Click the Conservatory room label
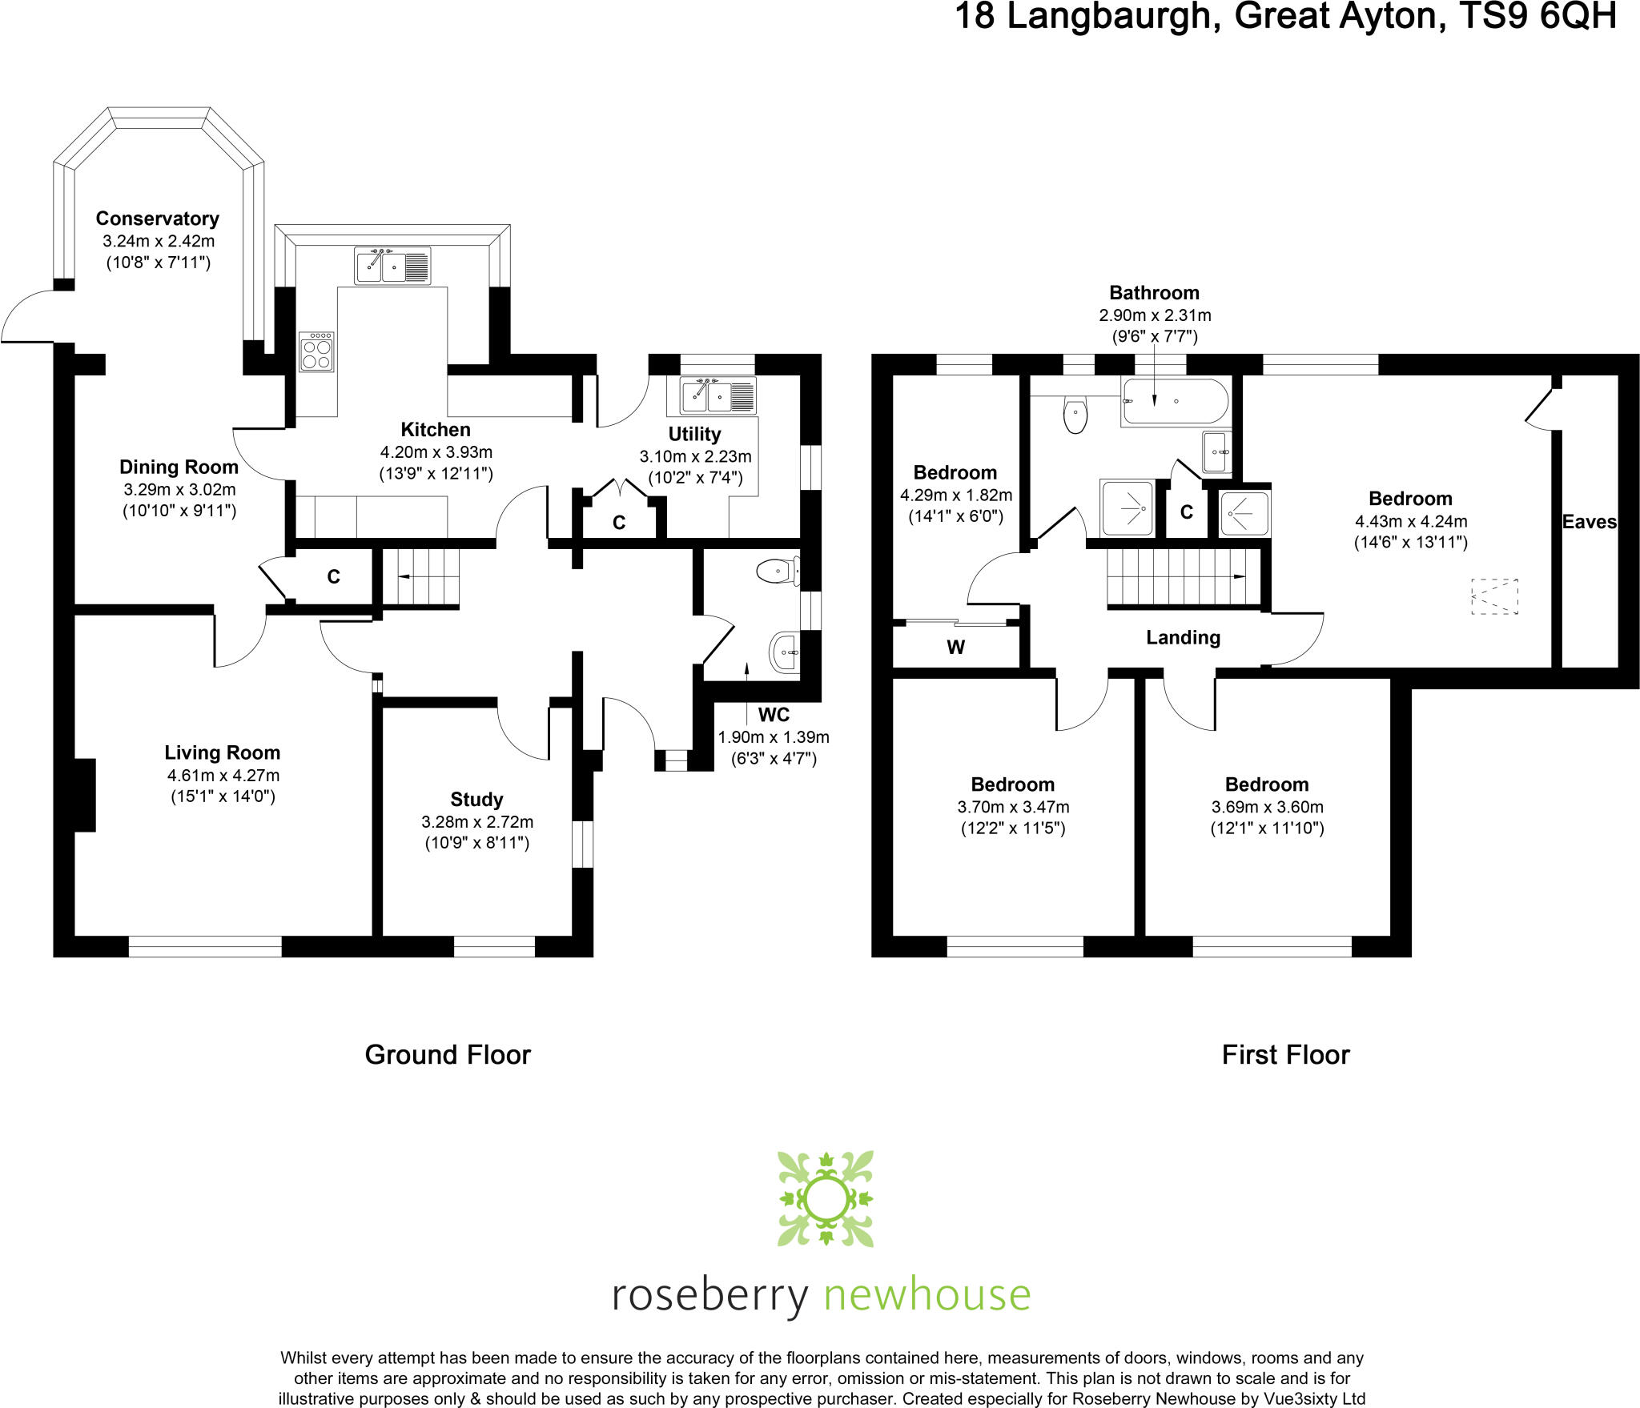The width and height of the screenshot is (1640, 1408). pyautogui.click(x=157, y=219)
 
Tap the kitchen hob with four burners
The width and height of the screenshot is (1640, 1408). pyautogui.click(x=316, y=352)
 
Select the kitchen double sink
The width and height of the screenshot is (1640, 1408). pyautogui.click(x=392, y=266)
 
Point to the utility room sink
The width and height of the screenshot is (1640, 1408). pyautogui.click(x=717, y=395)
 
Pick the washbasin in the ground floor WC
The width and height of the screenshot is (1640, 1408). pyautogui.click(x=784, y=653)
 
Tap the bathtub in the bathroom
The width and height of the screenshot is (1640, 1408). pyautogui.click(x=1175, y=401)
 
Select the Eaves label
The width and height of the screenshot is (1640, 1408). pyautogui.click(x=1590, y=522)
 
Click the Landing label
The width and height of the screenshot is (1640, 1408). pyautogui.click(x=1183, y=637)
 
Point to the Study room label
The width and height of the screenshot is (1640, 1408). pyautogui.click(x=476, y=800)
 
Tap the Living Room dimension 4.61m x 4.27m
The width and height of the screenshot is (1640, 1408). pyautogui.click(x=223, y=775)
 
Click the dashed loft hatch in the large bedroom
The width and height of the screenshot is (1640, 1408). pyautogui.click(x=1495, y=596)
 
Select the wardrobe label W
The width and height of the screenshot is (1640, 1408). pyautogui.click(x=955, y=648)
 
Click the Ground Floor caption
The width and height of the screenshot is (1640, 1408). pyautogui.click(x=448, y=1055)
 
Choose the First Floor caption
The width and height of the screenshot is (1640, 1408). pyautogui.click(x=1285, y=1055)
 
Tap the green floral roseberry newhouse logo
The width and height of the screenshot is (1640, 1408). pyautogui.click(x=826, y=1198)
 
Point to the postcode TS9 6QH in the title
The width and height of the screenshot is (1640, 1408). pyautogui.click(x=1537, y=16)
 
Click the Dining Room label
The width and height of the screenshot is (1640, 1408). pyautogui.click(x=179, y=467)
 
